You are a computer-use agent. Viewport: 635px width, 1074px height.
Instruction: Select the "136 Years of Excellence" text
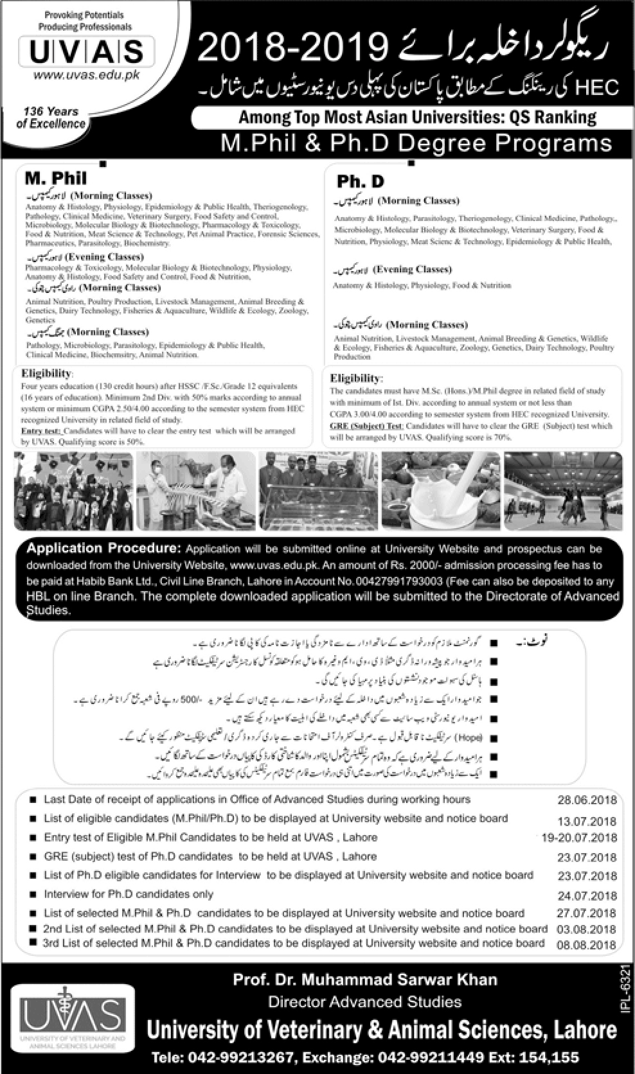pos(51,118)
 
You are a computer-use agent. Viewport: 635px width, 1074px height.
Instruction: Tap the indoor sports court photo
pos(563,491)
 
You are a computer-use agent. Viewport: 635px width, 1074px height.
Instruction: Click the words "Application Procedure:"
pos(103,549)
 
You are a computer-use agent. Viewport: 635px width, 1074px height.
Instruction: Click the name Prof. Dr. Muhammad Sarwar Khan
pos(365,980)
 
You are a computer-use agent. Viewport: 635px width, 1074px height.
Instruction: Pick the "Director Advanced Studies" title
pos(364,1001)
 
